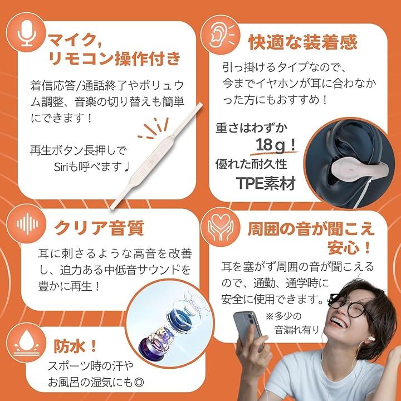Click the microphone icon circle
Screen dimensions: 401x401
(26, 32)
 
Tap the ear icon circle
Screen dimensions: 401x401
(221, 35)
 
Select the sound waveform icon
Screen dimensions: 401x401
(27, 224)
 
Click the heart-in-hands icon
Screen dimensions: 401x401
(221, 227)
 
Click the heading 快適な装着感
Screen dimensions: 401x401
(302, 42)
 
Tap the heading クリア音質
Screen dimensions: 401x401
(100, 228)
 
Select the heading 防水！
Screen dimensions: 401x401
(76, 346)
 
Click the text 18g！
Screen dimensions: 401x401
(276, 145)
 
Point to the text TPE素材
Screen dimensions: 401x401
(266, 183)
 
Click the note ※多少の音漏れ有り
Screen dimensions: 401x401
(292, 323)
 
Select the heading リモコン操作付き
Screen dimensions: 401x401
(115, 58)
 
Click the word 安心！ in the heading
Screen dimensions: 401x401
(349, 247)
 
